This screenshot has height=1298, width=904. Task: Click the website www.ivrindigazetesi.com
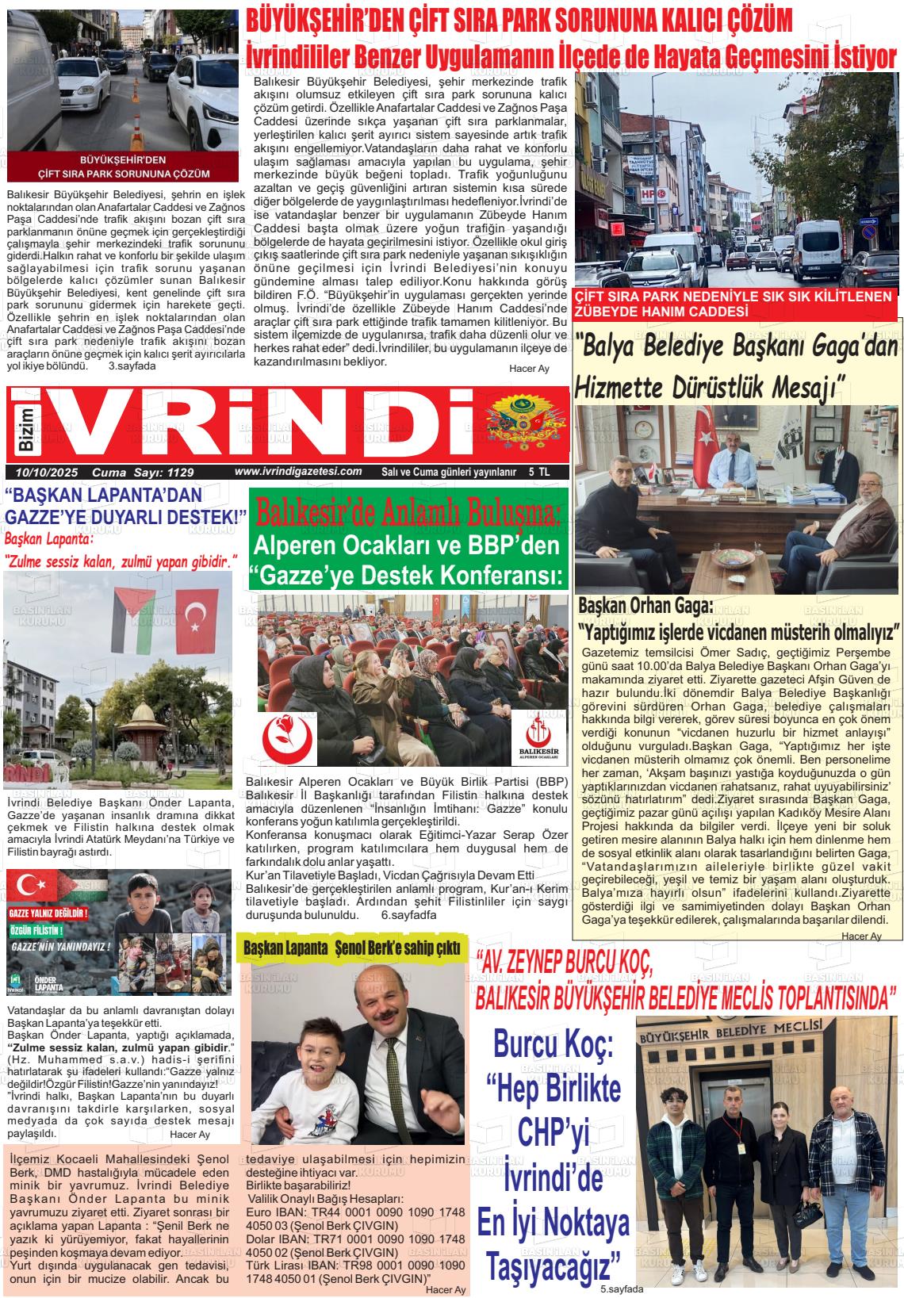pos(298,472)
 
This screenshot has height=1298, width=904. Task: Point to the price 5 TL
pos(539,472)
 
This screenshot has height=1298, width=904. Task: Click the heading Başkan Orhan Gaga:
pos(645,607)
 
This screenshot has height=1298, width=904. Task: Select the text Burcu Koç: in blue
pos(554,1043)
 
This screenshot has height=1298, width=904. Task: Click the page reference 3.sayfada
pos(132,366)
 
